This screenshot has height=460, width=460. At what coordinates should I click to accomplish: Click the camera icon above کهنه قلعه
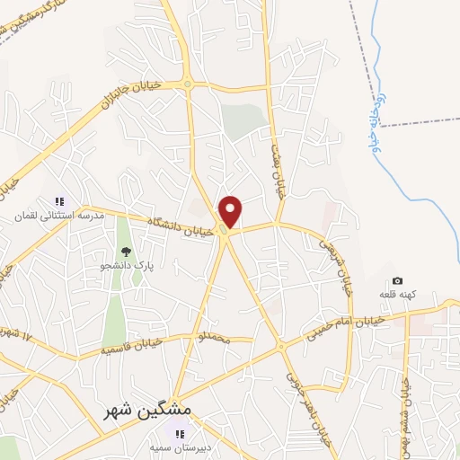(x=398, y=281)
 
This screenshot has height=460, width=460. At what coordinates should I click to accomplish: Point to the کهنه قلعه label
(x=397, y=296)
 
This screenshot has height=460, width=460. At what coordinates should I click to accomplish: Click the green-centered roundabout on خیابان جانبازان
(x=188, y=86)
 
